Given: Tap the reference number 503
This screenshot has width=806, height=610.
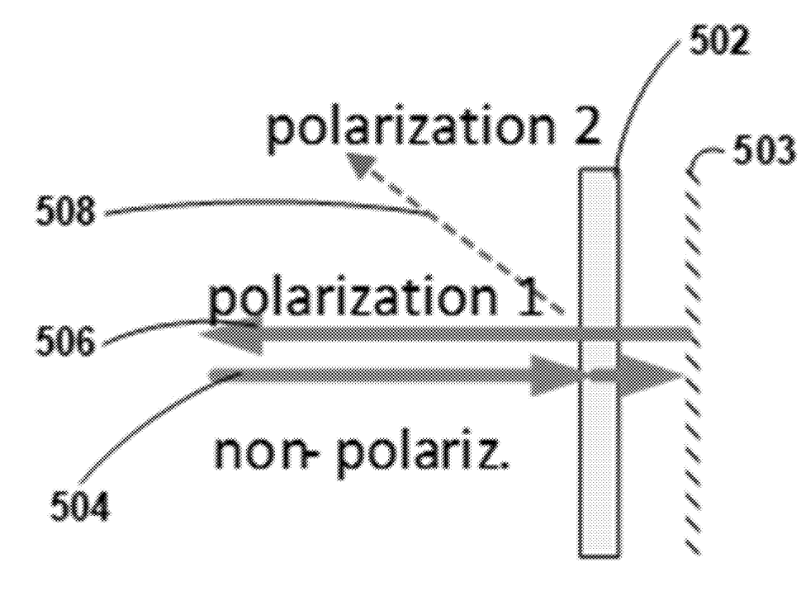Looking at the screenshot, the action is coord(763,150).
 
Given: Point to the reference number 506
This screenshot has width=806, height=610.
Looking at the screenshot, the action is coord(65,342).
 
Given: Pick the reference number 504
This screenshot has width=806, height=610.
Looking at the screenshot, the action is coord(79,507).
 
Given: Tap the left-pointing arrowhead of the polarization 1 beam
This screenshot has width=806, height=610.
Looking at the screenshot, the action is coord(231,334).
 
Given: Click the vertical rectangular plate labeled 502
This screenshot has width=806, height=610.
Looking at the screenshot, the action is coord(599,362).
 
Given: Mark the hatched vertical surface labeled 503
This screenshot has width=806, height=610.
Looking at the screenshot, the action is coord(693,360).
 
